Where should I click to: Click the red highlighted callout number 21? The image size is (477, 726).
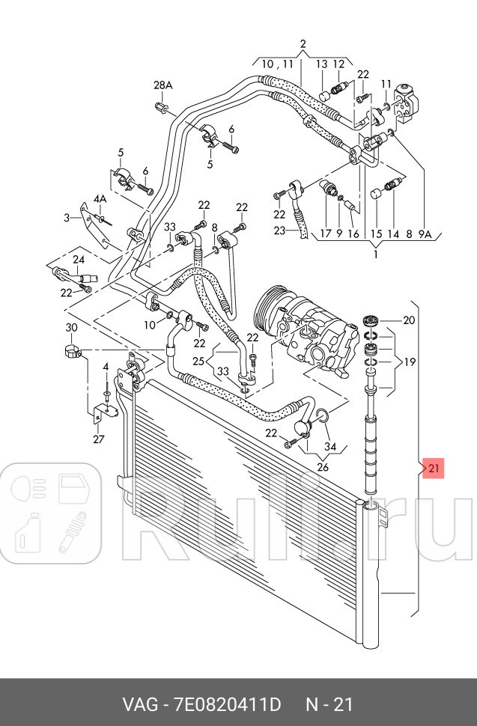tap(435, 469)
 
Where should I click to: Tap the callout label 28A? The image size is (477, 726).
tap(163, 85)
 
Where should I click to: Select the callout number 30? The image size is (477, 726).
tap(71, 328)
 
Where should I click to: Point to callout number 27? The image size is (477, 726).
tap(99, 439)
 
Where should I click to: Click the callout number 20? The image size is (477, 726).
tap(408, 320)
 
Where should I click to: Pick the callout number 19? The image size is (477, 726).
tap(409, 362)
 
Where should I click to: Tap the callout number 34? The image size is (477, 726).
tap(329, 448)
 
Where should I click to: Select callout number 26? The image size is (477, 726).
tap(323, 468)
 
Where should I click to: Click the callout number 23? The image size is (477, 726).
tap(279, 231)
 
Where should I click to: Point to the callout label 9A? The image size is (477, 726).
tap(425, 234)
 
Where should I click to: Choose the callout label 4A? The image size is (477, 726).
tap(100, 198)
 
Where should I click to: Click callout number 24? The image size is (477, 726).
tap(79, 260)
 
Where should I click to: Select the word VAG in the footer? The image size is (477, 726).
tap(139, 704)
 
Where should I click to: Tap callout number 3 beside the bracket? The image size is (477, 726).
tap(66, 218)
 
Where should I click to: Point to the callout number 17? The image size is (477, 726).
tap(325, 234)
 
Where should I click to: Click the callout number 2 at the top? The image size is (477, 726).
tap(303, 43)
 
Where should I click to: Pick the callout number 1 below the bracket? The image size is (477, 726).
tap(375, 254)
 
